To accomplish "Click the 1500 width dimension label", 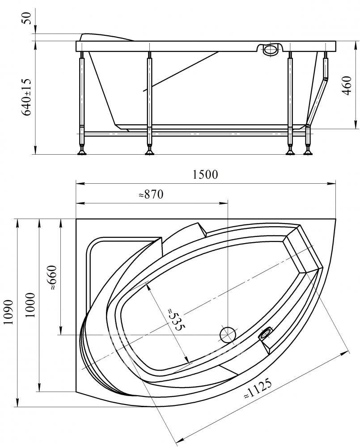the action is point(205,174).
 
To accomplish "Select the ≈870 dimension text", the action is point(151,194).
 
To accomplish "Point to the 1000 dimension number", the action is point(30,305).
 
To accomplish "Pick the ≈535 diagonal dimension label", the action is point(174,319).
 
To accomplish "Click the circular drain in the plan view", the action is point(228,334).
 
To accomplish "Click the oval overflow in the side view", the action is point(270,50).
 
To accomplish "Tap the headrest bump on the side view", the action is point(106,38).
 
